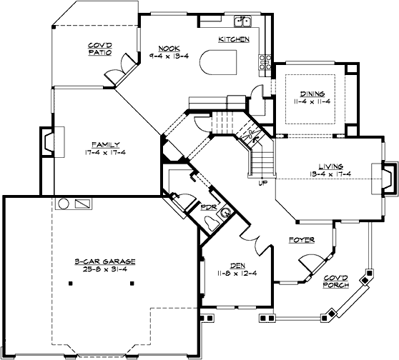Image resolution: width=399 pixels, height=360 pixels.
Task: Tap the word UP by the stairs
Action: pyautogui.click(x=264, y=183)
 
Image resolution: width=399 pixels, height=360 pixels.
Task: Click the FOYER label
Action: pyautogui.click(x=302, y=240)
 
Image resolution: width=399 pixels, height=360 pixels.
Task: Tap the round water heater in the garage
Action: pyautogui.click(x=64, y=204)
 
